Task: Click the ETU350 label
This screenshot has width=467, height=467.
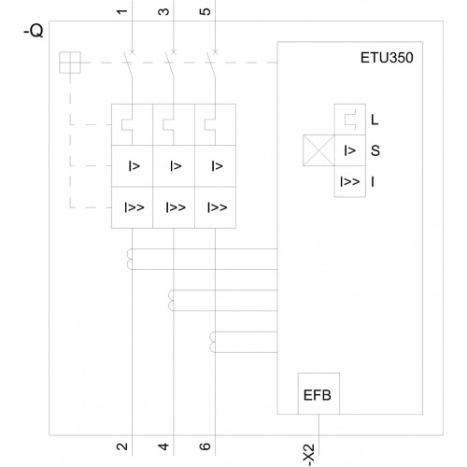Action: pos(387,58)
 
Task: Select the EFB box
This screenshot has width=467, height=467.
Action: pos(318,393)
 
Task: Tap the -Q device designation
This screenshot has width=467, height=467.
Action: pos(34,31)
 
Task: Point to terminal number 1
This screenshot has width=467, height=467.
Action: pos(122,12)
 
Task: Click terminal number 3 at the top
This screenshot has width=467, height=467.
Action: pos(163,12)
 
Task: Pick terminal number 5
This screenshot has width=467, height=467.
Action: pos(205,12)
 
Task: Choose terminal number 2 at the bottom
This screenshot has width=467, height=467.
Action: pos(122,446)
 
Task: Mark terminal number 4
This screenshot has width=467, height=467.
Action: pos(163,446)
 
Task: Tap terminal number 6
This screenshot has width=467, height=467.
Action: pos(205,446)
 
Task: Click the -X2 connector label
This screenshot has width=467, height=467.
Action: pos(309,455)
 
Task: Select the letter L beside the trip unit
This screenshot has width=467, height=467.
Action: pos(375,120)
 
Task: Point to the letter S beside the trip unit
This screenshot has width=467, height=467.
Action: pos(375,150)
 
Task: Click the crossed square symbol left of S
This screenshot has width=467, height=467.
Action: pos(318,150)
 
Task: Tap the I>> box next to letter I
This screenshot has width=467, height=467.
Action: pos(350,181)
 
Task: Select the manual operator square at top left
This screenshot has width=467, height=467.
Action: pos(70,63)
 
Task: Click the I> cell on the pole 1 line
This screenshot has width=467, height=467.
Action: pos(133,166)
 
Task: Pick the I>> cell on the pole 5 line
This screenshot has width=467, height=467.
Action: pos(215,207)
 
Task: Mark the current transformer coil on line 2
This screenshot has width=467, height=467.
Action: pos(129,259)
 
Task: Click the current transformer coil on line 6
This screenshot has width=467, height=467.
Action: pos(212,342)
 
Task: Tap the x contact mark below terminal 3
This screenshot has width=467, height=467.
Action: pos(174,52)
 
